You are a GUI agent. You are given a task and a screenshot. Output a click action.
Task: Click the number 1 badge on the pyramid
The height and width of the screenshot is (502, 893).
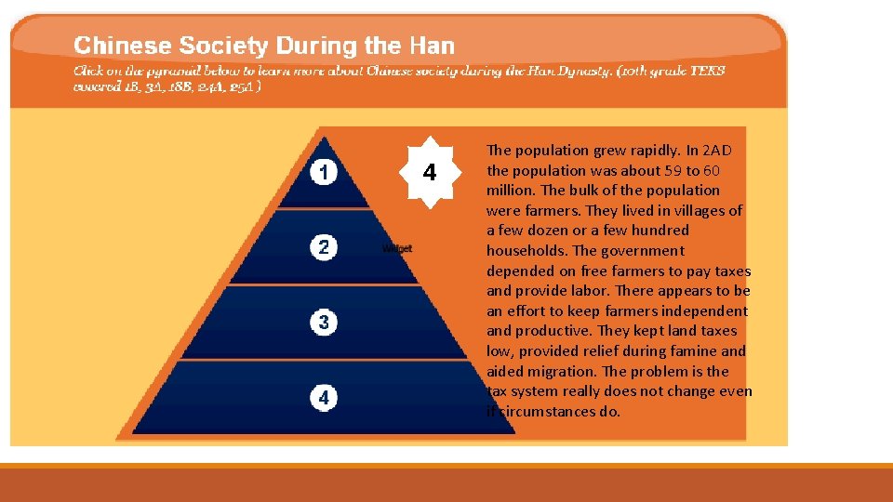tap(323, 173)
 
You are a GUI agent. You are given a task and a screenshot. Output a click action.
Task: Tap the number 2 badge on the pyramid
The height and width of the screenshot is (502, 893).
tap(323, 247)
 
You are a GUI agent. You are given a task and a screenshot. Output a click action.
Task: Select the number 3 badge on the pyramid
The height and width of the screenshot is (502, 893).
tap(323, 323)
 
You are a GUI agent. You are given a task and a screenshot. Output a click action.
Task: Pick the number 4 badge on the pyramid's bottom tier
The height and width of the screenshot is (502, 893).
tap(323, 398)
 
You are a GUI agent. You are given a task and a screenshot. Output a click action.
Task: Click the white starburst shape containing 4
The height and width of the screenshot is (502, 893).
tap(429, 173)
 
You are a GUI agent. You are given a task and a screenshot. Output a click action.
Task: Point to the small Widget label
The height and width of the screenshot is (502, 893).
tap(396, 249)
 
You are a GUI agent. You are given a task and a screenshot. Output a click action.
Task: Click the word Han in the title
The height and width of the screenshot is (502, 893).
tap(432, 46)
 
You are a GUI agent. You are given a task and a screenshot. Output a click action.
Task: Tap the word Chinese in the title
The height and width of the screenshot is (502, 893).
tap(123, 46)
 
